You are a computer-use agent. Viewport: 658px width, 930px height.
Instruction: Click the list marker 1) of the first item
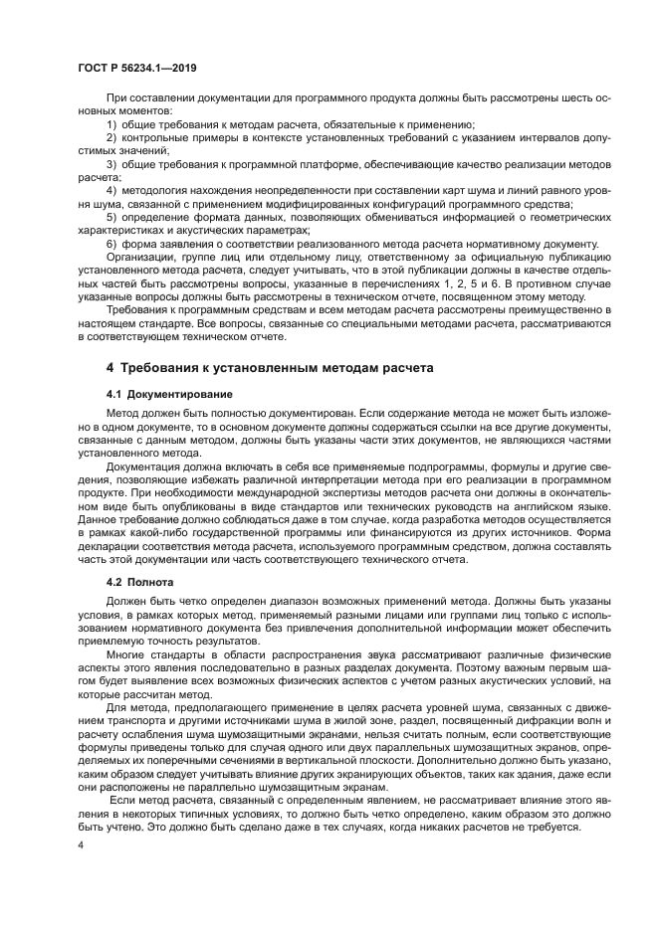click(111, 124)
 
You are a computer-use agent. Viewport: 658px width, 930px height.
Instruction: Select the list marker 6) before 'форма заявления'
click(111, 243)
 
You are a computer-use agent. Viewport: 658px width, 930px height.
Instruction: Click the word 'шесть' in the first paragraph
click(562, 98)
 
